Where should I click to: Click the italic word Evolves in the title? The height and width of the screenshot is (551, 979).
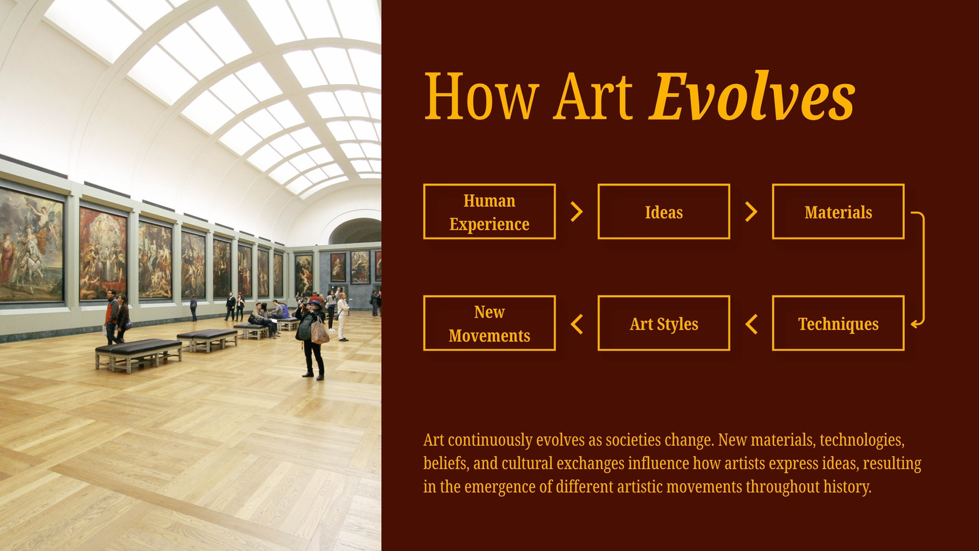pos(752,96)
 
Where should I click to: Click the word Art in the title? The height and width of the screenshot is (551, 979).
pos(593,97)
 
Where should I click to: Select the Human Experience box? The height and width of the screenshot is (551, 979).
pos(489,212)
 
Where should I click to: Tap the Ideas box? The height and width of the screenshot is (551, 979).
pos(664,212)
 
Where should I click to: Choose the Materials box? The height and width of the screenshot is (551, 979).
pos(838,212)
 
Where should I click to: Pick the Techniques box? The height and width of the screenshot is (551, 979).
pos(838,323)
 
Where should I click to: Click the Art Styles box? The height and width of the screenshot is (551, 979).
pos(664,323)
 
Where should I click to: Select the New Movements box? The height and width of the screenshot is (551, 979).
pos(489,323)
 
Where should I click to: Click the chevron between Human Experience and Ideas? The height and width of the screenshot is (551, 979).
pos(577,212)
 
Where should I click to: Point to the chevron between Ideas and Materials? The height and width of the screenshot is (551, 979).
pos(751,212)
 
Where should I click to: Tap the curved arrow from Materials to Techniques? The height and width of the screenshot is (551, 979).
pos(924,268)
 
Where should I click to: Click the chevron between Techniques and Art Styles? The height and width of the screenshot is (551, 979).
pos(751,324)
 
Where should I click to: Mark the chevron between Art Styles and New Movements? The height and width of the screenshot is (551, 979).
pos(577,324)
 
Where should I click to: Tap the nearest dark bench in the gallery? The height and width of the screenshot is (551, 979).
pos(138,354)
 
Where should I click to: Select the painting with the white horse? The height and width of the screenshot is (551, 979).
pos(31,245)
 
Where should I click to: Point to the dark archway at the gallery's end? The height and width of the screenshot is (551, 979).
pos(355,231)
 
